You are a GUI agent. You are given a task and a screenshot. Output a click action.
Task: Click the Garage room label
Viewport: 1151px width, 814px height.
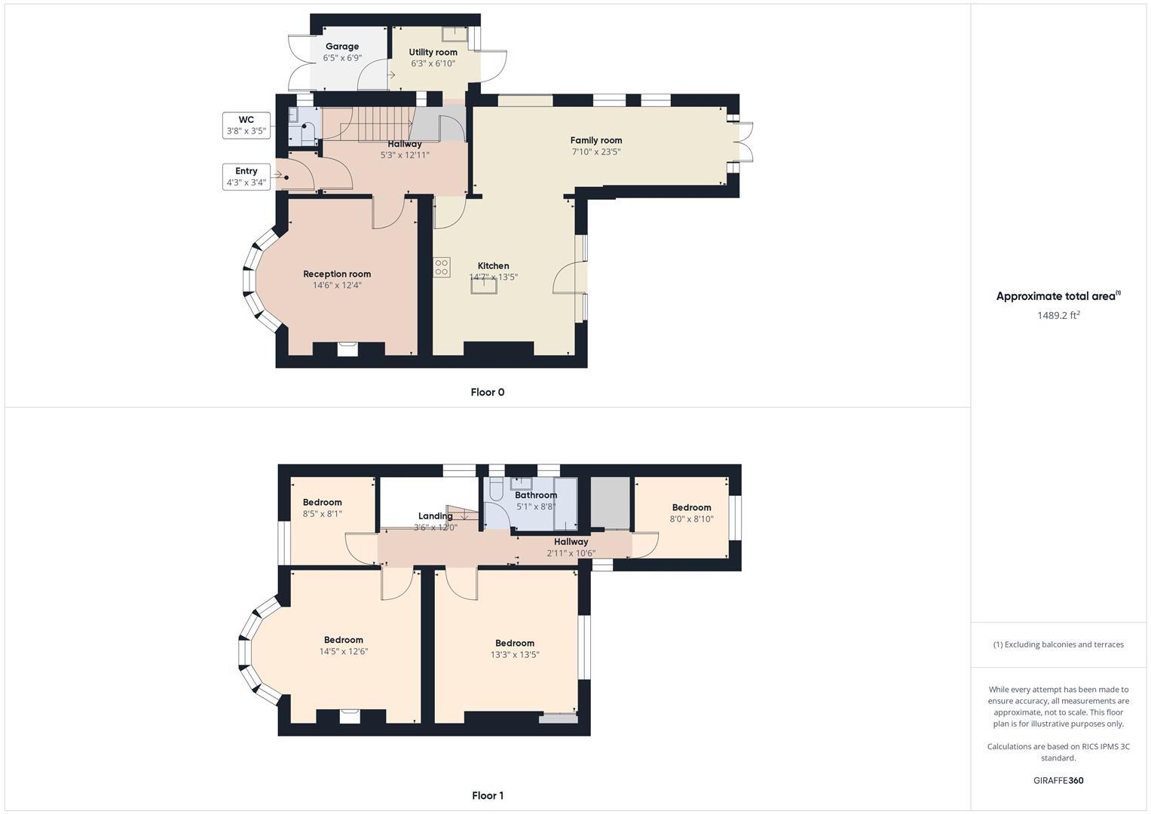tap(341, 47)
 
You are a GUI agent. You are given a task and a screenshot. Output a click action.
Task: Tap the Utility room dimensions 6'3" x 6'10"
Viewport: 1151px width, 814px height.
tap(433, 64)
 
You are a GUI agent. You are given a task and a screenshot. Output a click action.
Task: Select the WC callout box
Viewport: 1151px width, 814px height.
tap(246, 125)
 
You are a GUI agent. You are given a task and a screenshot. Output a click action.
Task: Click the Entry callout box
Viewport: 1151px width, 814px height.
tap(246, 176)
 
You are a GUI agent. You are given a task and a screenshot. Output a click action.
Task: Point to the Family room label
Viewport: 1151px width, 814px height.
tap(595, 140)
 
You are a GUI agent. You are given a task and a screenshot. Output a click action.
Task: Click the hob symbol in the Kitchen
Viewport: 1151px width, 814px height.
tap(442, 267)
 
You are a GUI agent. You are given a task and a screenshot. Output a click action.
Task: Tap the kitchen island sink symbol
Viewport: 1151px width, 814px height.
tap(484, 284)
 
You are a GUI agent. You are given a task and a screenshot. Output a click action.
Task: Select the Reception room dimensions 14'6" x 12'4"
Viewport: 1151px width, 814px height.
tap(337, 286)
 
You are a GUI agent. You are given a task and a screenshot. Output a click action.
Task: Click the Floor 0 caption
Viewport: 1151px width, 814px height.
tap(487, 392)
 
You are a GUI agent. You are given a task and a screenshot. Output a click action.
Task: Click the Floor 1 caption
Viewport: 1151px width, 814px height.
tap(487, 795)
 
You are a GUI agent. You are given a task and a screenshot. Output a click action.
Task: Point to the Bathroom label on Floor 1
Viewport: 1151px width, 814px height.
tap(535, 495)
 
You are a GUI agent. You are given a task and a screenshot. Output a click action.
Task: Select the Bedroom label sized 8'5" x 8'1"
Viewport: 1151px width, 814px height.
tap(322, 503)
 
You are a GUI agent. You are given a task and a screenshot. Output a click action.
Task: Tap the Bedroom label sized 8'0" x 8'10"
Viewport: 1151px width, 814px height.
tap(691, 508)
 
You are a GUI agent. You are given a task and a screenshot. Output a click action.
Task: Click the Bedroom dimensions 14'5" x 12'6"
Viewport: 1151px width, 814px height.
tap(344, 652)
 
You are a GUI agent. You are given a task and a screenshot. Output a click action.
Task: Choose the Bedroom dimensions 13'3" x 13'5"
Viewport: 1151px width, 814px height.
tap(515, 655)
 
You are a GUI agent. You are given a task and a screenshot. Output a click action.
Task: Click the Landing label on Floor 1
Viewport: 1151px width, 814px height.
tap(435, 516)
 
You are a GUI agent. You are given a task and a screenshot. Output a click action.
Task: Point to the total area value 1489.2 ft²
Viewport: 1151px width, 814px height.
tap(1058, 316)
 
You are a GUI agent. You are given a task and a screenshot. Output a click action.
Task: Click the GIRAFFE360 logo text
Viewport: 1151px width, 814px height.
tap(1058, 780)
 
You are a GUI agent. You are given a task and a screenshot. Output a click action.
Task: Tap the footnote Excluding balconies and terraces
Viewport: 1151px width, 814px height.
tap(1058, 644)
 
